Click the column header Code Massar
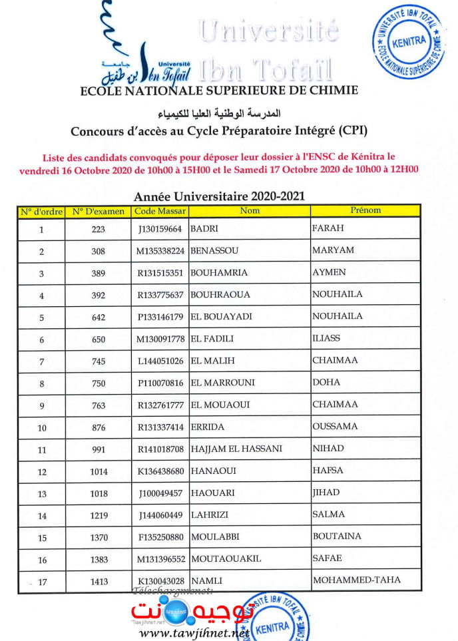(160, 211)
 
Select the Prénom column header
(365, 210)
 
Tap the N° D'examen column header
(99, 212)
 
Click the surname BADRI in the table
(204, 229)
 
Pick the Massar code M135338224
(160, 251)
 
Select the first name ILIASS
(326, 338)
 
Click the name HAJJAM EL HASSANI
(236, 449)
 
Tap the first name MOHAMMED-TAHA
(357, 580)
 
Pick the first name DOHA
(326, 382)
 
